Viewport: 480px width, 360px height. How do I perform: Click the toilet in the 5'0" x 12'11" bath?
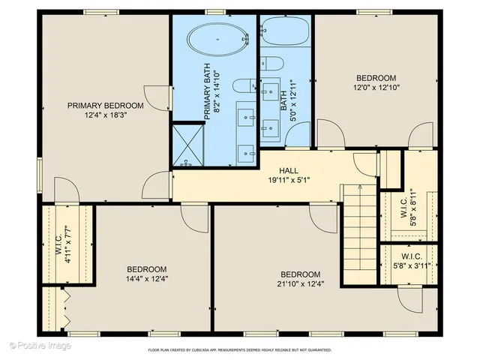pyautogui.click(x=271, y=63)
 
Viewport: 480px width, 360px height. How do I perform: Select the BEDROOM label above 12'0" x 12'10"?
pyautogui.click(x=376, y=78)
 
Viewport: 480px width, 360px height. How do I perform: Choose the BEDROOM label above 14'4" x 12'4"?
pyautogui.click(x=146, y=268)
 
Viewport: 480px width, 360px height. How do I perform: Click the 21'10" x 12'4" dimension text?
pyautogui.click(x=300, y=283)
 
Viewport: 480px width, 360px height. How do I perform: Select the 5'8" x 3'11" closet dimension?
pyautogui.click(x=407, y=265)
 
